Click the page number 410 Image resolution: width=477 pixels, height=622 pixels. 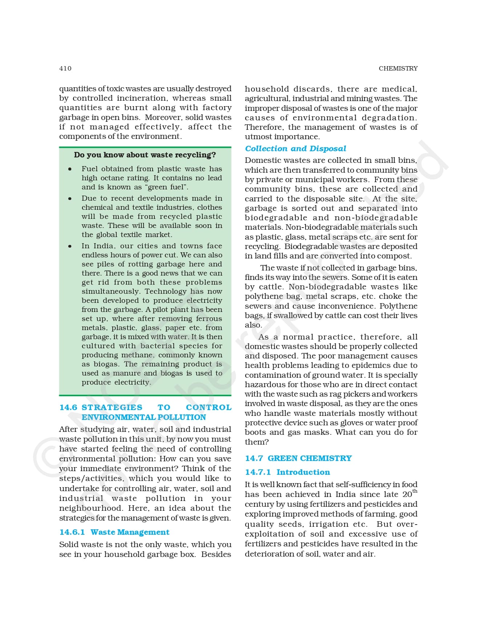(x=65, y=68)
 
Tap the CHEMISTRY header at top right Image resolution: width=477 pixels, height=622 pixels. (x=398, y=68)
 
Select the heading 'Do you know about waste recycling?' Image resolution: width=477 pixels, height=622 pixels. (x=145, y=155)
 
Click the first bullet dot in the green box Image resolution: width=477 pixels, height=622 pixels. (x=70, y=169)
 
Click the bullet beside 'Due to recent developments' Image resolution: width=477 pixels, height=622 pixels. (x=70, y=198)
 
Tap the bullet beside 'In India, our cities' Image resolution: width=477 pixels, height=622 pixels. (x=70, y=246)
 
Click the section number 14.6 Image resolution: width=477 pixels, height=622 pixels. (x=68, y=407)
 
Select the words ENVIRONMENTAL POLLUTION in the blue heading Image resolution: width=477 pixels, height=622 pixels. (x=143, y=417)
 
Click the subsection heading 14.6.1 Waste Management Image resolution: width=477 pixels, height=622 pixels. (x=114, y=532)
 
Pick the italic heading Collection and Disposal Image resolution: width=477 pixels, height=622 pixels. (x=295, y=149)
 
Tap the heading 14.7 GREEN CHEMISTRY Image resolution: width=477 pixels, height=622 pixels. (x=298, y=458)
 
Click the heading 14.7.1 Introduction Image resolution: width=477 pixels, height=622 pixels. (x=287, y=472)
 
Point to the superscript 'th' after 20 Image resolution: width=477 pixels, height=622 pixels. (x=415, y=491)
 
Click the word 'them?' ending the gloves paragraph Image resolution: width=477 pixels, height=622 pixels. (x=256, y=442)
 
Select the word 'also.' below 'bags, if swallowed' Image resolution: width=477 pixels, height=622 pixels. (x=253, y=325)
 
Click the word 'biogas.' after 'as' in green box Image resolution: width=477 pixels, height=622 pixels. (x=106, y=364)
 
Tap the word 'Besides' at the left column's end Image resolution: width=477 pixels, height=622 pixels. (x=216, y=554)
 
